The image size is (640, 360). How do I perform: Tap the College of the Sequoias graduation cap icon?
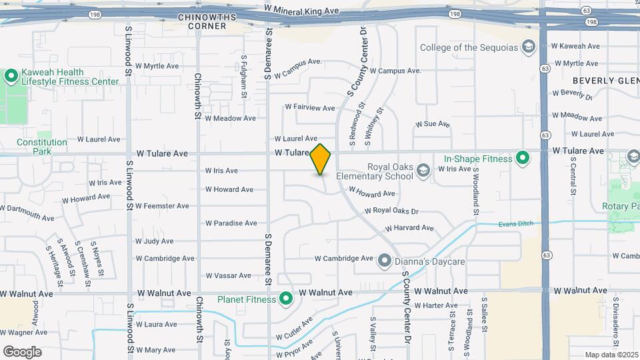(x=529, y=47)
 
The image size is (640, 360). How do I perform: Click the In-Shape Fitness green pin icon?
(x=523, y=158)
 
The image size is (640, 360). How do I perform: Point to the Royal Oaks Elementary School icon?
(x=423, y=172)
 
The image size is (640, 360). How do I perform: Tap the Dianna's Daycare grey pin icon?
(x=385, y=261)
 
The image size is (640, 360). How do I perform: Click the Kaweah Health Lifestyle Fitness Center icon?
(x=11, y=76)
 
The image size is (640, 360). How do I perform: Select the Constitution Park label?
(x=42, y=147)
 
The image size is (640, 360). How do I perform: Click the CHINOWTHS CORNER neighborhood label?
(x=202, y=21)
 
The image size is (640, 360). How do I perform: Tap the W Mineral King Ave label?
(x=301, y=11)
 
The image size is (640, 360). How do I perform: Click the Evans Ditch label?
(x=517, y=223)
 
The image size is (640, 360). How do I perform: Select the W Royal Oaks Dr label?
(x=391, y=211)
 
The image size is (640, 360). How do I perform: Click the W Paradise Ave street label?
(x=231, y=223)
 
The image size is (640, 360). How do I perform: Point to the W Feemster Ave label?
(x=162, y=206)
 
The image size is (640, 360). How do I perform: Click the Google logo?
(x=22, y=351)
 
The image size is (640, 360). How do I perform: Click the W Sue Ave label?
(x=433, y=124)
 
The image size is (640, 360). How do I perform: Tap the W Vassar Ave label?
(x=228, y=275)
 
